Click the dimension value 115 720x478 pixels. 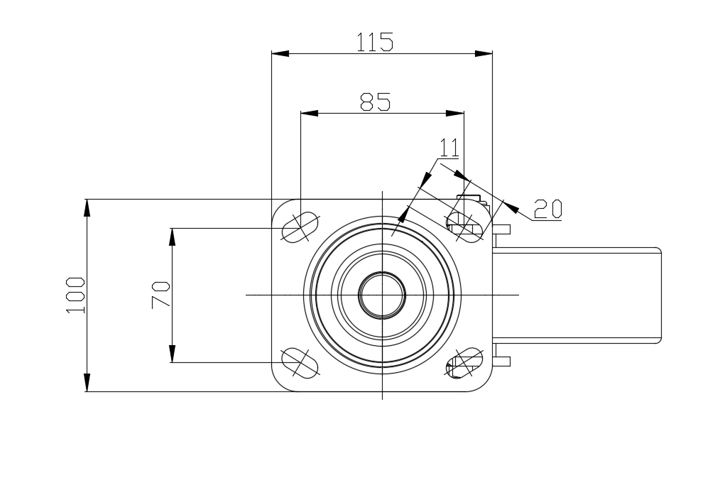pos(375,42)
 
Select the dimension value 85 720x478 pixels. pos(375,102)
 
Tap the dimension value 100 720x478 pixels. pos(76,295)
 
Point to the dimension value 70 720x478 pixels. pos(160,295)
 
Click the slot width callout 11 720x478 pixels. pos(449,148)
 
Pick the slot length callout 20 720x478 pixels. pos(547,209)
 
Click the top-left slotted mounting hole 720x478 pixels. pos(300,227)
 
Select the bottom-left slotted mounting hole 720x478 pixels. pos(300,363)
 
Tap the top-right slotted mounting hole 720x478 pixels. pos(464,227)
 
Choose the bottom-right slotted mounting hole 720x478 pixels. pos(464,363)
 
